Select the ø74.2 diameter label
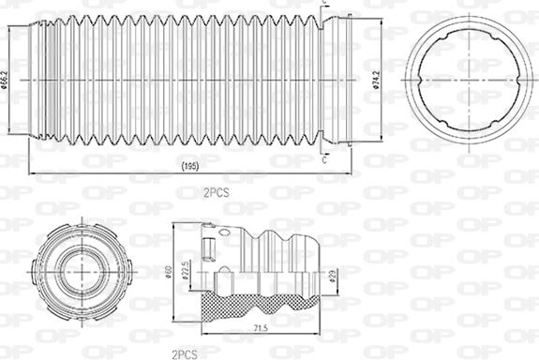[375, 81]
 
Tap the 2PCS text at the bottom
[183, 353]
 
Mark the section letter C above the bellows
[324, 5]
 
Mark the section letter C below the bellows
[324, 159]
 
